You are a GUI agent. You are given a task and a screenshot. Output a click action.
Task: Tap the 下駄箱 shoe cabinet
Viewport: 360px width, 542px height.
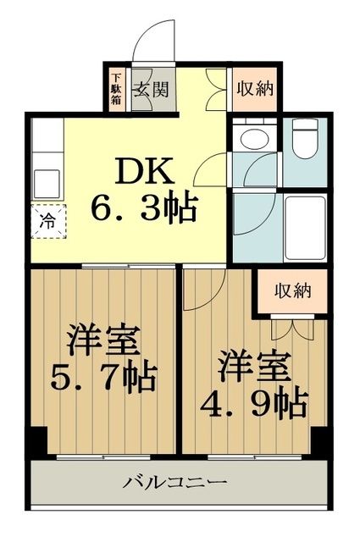115,87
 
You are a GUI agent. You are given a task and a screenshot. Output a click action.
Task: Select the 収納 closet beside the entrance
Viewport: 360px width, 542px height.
254,87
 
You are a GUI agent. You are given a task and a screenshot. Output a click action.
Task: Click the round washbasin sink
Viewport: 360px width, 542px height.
252,139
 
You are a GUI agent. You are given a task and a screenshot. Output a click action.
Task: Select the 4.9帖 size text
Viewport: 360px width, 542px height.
255,403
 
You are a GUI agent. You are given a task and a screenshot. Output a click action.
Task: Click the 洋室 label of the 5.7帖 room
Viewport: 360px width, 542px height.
104,340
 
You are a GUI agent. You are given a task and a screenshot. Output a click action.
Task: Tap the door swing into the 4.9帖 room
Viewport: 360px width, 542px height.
203,292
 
